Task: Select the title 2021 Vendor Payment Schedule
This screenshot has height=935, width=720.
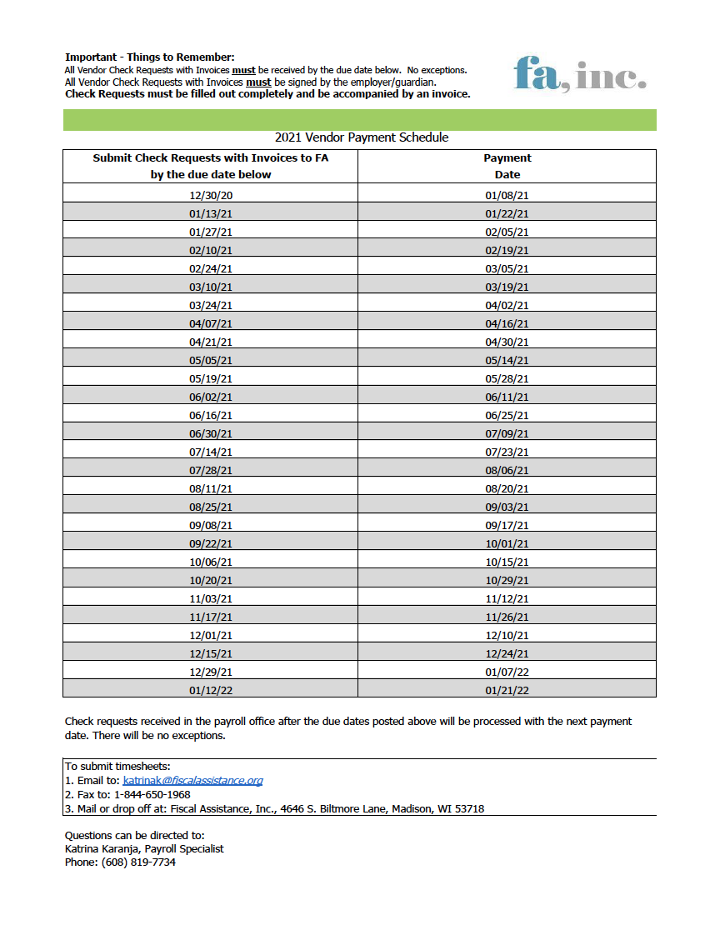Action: tap(362, 137)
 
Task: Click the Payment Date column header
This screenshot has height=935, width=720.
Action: tap(507, 166)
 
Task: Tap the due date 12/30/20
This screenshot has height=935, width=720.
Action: tap(211, 195)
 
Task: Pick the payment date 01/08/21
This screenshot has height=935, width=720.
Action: tap(507, 195)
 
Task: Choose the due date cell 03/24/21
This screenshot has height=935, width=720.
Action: tap(211, 305)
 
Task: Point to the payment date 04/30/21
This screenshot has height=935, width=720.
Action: tap(507, 342)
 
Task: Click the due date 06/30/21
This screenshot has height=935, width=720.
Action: tap(211, 433)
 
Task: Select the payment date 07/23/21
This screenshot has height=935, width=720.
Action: tap(507, 452)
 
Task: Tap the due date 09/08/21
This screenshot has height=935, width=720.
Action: tap(211, 525)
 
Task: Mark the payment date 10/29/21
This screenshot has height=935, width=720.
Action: tap(507, 580)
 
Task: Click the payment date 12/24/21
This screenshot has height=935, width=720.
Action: tap(507, 653)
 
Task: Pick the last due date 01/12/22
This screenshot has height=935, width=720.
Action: tap(211, 690)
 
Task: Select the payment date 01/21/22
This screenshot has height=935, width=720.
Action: tap(507, 690)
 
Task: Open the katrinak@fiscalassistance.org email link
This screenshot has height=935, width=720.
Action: tap(192, 781)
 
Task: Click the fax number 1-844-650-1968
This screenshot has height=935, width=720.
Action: tap(152, 794)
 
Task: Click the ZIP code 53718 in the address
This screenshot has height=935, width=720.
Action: tap(468, 808)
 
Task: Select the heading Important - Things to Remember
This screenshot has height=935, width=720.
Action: tap(150, 57)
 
